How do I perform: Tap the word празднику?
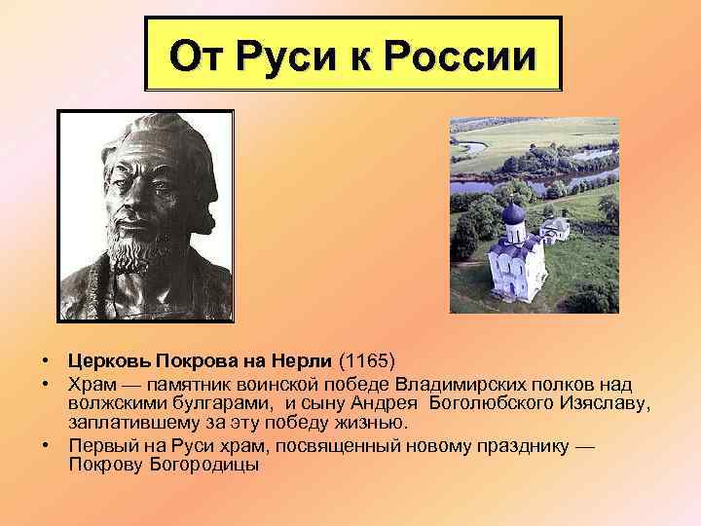[x=522, y=445]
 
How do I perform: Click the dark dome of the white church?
[x=513, y=214]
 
